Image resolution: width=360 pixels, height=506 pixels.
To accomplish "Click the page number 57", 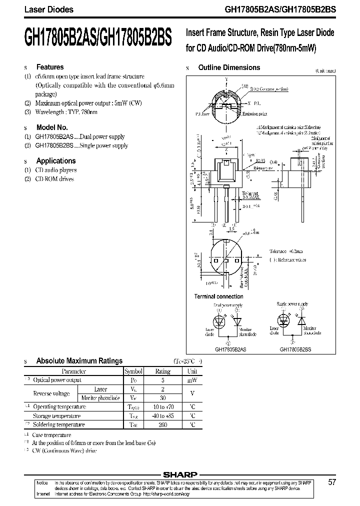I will [332, 482].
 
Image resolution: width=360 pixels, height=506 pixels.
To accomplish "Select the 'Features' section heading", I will [50, 67].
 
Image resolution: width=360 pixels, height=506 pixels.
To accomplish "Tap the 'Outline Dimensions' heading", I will [229, 67].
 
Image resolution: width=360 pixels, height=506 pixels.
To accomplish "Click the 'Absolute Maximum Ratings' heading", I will [79, 360].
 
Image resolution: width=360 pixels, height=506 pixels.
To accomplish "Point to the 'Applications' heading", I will [56, 161].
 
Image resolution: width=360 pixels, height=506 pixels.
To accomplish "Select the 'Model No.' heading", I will [52, 127].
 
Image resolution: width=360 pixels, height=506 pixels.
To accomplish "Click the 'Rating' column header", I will [163, 371].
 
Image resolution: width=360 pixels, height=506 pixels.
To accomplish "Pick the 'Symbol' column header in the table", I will [133, 371].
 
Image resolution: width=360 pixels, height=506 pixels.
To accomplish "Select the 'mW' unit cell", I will [192, 380].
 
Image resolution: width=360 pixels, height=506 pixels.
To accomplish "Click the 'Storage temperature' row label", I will [56, 416].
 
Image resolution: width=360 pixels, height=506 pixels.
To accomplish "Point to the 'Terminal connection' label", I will [218, 296].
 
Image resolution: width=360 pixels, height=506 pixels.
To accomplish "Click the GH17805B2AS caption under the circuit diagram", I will [227, 349].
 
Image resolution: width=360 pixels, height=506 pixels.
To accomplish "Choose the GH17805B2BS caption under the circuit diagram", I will [295, 349].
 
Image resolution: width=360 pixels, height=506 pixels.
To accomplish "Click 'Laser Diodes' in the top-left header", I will [42, 9].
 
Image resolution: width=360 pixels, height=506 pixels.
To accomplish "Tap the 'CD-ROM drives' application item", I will [54, 179].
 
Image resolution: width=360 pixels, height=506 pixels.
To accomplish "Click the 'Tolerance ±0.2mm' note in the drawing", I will [287, 251].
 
